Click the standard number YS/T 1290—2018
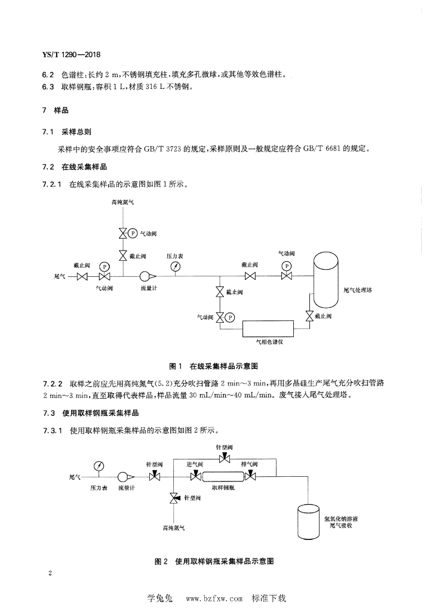click(x=71, y=54)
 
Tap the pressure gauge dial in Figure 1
click(x=176, y=266)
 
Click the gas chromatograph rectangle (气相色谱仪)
click(x=268, y=329)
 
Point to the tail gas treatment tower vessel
click(x=327, y=279)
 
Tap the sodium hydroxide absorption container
click(x=309, y=521)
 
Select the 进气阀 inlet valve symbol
click(x=195, y=476)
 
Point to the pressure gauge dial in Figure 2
click(x=99, y=466)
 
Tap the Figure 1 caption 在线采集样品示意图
click(x=224, y=366)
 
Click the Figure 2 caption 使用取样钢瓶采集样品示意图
click(x=225, y=561)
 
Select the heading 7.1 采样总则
click(x=67, y=132)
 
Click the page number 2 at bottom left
click(x=50, y=573)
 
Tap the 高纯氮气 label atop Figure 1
click(x=122, y=202)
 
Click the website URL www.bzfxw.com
click(x=214, y=598)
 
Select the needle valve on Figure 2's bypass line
click(x=225, y=459)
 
